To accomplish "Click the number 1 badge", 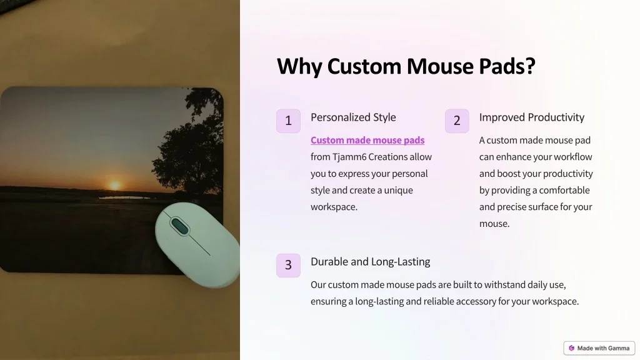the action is click(288, 121).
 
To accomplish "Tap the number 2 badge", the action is click(457, 121).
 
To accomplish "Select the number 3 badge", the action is click(288, 265).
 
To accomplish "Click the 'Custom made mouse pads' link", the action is click(367, 140).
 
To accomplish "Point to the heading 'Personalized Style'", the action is click(353, 117).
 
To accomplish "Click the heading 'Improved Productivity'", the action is click(531, 117).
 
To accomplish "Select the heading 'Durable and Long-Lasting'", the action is click(370, 262).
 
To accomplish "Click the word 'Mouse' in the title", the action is click(439, 66).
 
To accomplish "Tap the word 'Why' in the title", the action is click(299, 66).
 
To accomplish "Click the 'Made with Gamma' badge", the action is click(599, 348).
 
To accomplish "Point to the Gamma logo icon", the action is click(571, 348).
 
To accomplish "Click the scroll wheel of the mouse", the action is click(179, 226).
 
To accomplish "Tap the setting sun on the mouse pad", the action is click(115, 185).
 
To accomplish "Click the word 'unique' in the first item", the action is click(398, 191).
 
